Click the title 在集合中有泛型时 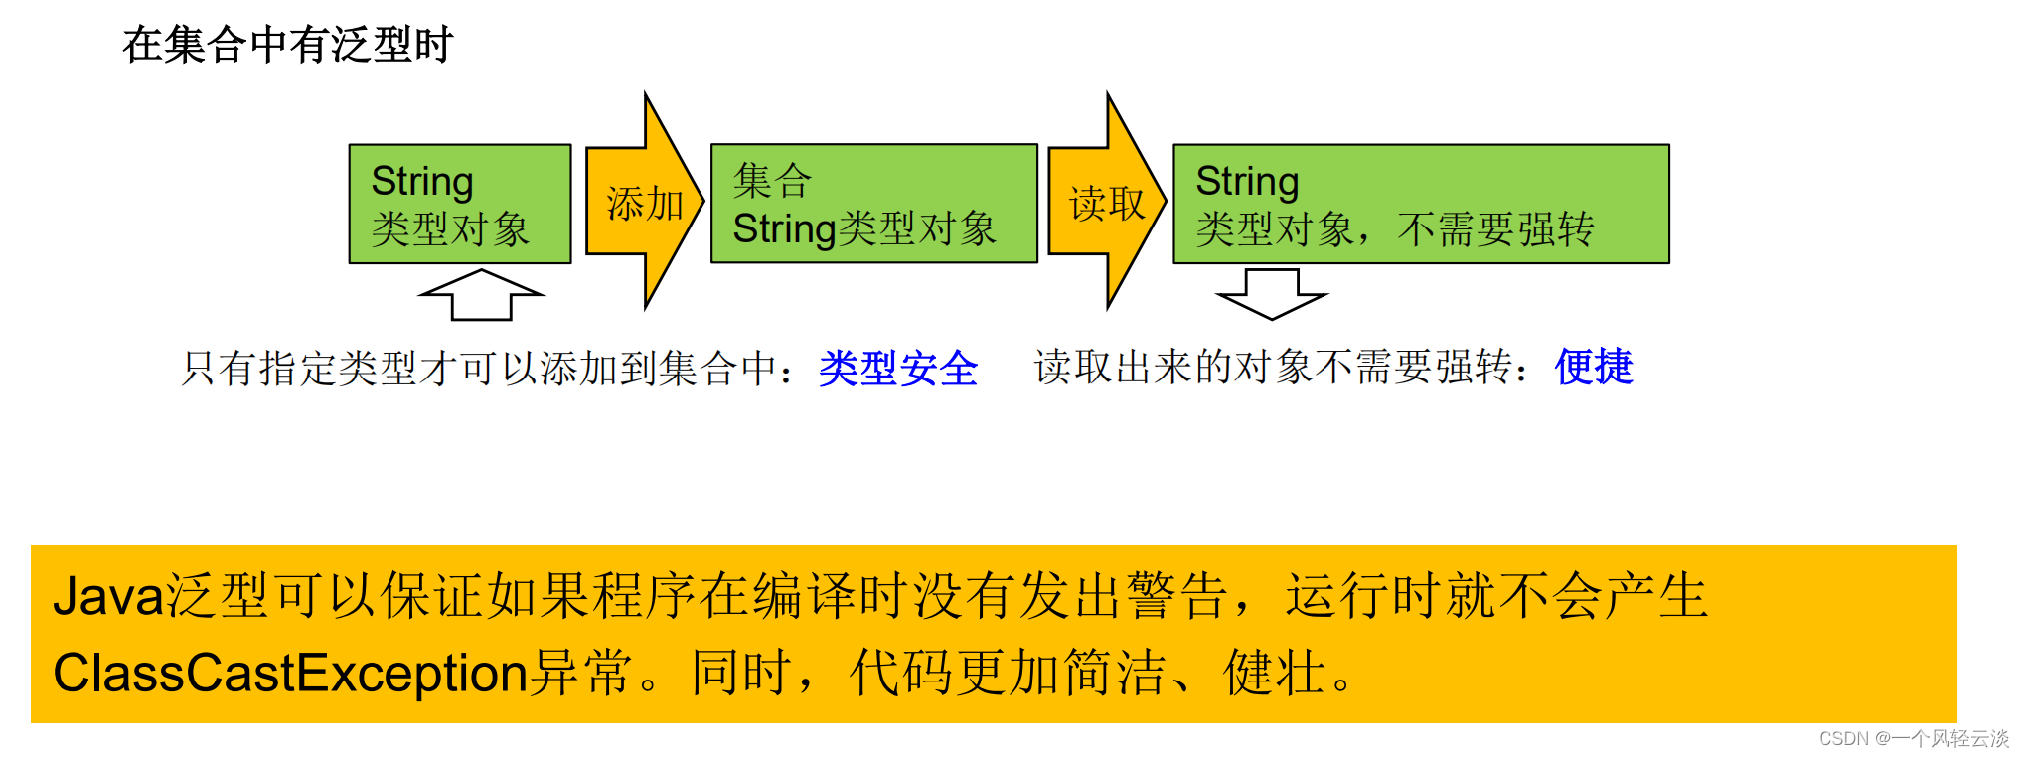click(x=288, y=45)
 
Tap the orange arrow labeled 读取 click(x=1106, y=203)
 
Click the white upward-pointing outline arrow click(x=482, y=295)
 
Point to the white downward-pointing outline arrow click(x=1272, y=294)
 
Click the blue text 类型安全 click(x=898, y=369)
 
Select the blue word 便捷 click(x=1594, y=367)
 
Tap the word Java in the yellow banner click(x=108, y=596)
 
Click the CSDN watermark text click(x=1914, y=738)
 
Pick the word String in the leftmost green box click(x=422, y=181)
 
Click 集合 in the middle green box click(x=772, y=181)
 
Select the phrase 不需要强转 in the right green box click(x=1495, y=229)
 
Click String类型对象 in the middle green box click(x=864, y=228)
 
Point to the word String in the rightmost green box click(x=1247, y=181)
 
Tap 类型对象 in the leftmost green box click(x=450, y=229)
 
